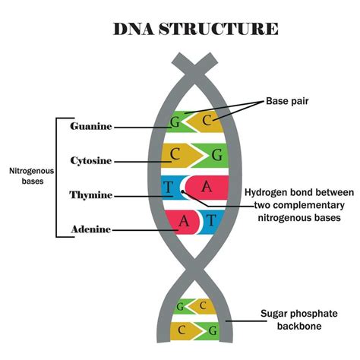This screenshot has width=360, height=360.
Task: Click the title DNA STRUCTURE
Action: click(x=196, y=29)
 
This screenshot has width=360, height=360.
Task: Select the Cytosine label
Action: click(x=91, y=161)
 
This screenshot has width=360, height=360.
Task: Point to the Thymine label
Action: click(x=91, y=195)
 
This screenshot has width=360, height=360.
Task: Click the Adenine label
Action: click(x=92, y=229)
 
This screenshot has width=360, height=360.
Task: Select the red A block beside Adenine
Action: click(x=182, y=221)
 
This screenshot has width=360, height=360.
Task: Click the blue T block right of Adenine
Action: click(x=211, y=221)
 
